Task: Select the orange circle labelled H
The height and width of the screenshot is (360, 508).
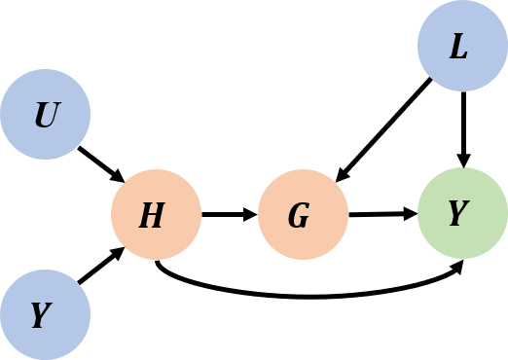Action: coord(156,215)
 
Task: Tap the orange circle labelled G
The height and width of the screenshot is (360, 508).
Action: coord(303,215)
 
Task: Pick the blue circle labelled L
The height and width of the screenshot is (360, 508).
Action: coord(462,47)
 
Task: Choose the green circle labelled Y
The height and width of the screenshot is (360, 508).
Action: coord(462,214)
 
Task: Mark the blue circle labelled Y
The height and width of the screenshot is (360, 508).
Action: coord(46,314)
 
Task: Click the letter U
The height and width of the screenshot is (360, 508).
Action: coord(46,117)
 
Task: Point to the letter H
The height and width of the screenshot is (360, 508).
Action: coord(152,216)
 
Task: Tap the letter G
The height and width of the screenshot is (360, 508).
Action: coord(299,216)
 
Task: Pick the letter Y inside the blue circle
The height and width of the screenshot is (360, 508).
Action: coord(41,315)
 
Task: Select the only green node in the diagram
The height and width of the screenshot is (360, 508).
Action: coord(462,214)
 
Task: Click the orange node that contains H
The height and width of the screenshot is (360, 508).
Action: coord(156,215)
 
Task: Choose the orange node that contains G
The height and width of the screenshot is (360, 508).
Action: coord(303,215)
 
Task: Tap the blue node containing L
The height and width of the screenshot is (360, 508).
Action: coord(462,47)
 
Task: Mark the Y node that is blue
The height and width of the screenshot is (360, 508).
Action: coord(46,314)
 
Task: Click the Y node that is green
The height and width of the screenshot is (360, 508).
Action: coord(462,214)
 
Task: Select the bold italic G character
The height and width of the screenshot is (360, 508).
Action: coord(299,216)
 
